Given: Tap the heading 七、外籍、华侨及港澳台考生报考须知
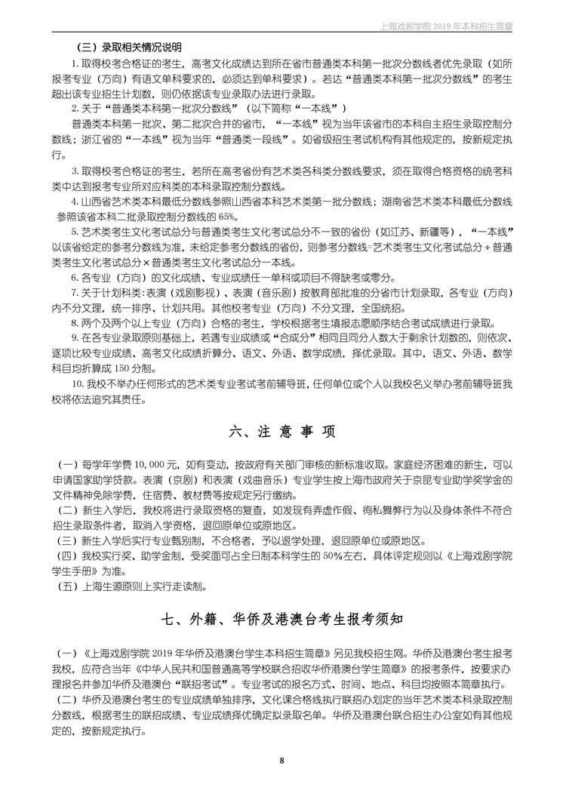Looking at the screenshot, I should tap(282, 618).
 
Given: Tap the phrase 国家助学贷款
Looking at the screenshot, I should tap(106, 479).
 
